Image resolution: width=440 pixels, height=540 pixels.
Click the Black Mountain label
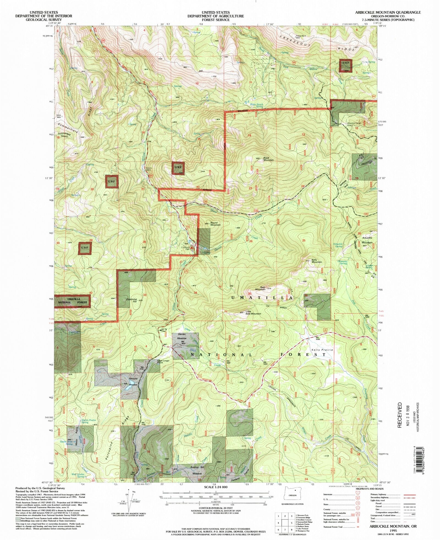(268, 159)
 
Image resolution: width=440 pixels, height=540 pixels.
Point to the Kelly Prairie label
(322, 350)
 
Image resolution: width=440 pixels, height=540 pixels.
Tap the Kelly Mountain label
(317, 261)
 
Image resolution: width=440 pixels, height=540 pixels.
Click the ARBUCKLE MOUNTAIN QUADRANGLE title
(388, 12)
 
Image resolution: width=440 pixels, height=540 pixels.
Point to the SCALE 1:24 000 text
(216, 487)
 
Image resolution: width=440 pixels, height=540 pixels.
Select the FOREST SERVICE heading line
(216, 20)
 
